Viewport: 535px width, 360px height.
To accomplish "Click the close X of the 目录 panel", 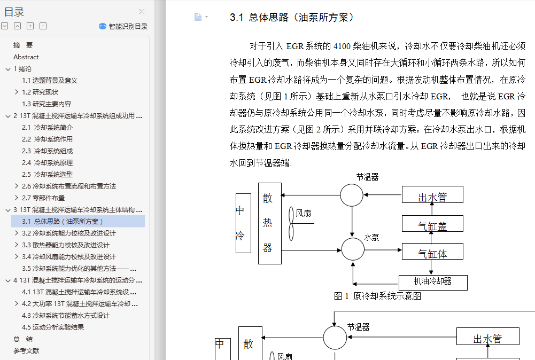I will pyautogui.click(x=142, y=11).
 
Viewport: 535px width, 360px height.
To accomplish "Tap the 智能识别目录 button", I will pyautogui.click(x=123, y=26).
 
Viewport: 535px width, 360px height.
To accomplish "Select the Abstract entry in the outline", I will pyautogui.click(x=26, y=57).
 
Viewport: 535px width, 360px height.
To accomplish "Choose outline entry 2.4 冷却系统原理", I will pyautogui.click(x=47, y=162).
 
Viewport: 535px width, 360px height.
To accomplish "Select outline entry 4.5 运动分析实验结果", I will pyautogui.click(x=53, y=327).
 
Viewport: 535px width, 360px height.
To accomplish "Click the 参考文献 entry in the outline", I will pyautogui.click(x=26, y=350).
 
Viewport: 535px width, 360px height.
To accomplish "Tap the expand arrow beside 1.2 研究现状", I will pyautogui.click(x=17, y=92).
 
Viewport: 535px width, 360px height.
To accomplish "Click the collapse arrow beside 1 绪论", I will pyautogui.click(x=7, y=68).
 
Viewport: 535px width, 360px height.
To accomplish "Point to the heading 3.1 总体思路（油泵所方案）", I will pyautogui.click(x=292, y=18).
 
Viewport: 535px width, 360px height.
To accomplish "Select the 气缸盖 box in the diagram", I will pyautogui.click(x=432, y=225).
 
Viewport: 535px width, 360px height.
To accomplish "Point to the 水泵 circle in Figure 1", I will pyautogui.click(x=352, y=249).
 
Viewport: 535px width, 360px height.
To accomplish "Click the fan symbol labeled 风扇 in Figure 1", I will pyautogui.click(x=292, y=223).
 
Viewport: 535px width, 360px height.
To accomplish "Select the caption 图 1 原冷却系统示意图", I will pyautogui.click(x=377, y=296).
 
